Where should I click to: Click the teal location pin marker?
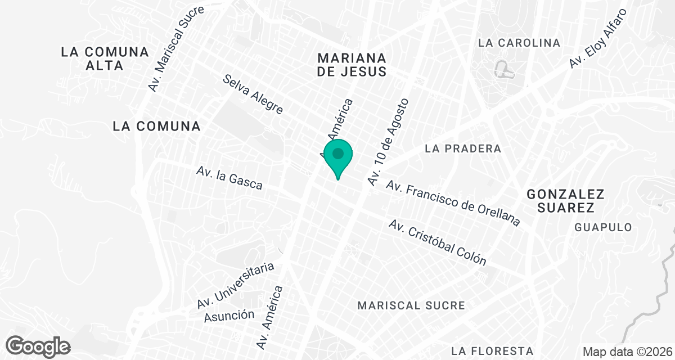[338, 157]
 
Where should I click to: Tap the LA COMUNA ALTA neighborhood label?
[105, 58]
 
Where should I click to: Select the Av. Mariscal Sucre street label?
[176, 49]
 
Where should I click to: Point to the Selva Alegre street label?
[253, 94]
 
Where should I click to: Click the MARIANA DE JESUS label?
[352, 65]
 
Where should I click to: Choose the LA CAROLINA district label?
[519, 43]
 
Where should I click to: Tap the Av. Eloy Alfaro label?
[597, 39]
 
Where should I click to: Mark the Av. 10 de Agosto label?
[388, 142]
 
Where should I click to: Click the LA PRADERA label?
[463, 149]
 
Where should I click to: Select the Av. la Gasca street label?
[229, 178]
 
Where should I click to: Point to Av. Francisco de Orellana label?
[453, 203]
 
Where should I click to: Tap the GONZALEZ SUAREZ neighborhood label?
[565, 201]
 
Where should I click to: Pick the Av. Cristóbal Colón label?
[437, 242]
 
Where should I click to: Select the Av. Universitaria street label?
[236, 285]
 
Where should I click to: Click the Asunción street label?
[229, 315]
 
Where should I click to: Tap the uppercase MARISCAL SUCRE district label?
[411, 305]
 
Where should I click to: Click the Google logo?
[38, 346]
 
